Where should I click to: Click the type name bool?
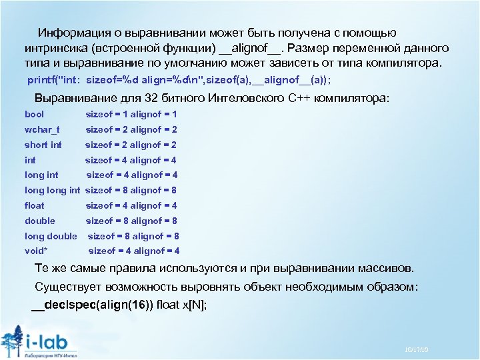(x=34, y=115)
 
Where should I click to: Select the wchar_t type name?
(x=42, y=130)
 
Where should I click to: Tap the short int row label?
(x=43, y=145)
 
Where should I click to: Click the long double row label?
(x=51, y=236)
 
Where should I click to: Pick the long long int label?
(x=52, y=191)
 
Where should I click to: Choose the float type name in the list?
(x=35, y=206)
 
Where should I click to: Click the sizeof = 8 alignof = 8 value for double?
(x=131, y=221)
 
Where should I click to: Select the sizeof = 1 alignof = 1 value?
(x=131, y=115)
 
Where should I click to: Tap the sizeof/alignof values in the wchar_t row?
(x=131, y=130)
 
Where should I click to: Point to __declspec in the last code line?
(x=64, y=305)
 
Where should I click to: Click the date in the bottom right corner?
(x=416, y=350)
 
